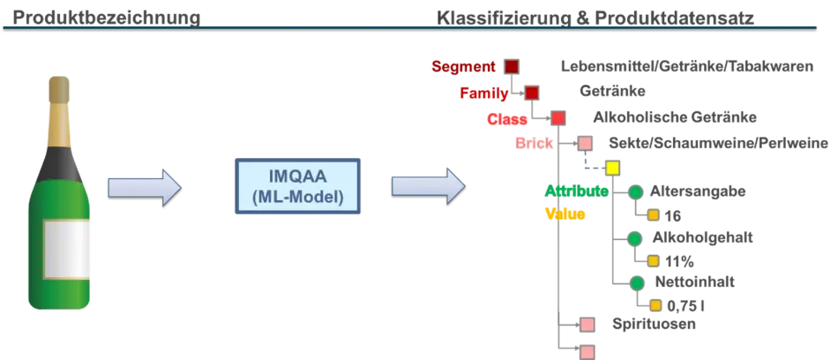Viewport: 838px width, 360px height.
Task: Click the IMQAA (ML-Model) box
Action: [298, 186]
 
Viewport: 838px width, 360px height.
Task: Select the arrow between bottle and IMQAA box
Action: [144, 187]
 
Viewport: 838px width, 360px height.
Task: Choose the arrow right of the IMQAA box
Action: [427, 186]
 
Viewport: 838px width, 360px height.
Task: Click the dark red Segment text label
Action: [463, 66]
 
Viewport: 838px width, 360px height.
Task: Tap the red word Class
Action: [506, 119]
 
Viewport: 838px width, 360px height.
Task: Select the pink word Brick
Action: [535, 144]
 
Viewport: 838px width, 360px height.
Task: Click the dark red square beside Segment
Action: [512, 66]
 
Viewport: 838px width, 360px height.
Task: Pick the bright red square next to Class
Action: [557, 118]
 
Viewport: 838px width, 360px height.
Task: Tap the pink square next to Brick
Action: [585, 143]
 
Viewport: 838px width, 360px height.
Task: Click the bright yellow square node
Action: [612, 168]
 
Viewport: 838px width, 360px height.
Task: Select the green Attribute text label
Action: [576, 191]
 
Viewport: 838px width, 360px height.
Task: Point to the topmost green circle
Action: [635, 191]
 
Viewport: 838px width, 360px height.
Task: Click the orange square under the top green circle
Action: [654, 214]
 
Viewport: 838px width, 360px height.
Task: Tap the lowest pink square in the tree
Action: [587, 352]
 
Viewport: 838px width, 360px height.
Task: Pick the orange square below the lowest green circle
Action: [655, 306]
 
